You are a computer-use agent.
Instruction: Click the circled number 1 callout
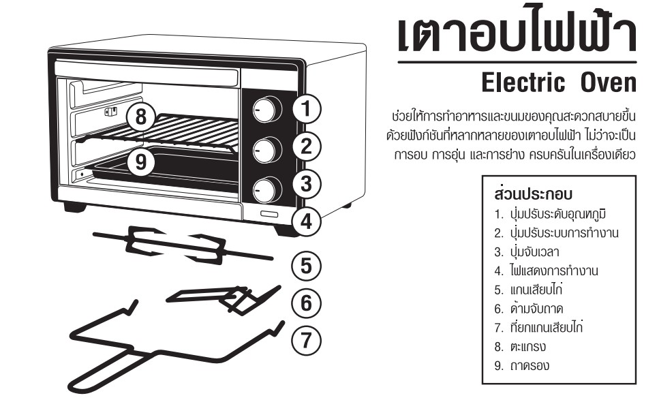[308, 108]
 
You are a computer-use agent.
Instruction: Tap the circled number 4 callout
[308, 221]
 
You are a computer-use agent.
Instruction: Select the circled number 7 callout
[308, 339]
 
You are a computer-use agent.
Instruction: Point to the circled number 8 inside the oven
[141, 117]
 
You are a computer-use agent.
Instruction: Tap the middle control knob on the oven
[266, 147]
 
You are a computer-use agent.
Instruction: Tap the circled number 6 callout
[308, 301]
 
